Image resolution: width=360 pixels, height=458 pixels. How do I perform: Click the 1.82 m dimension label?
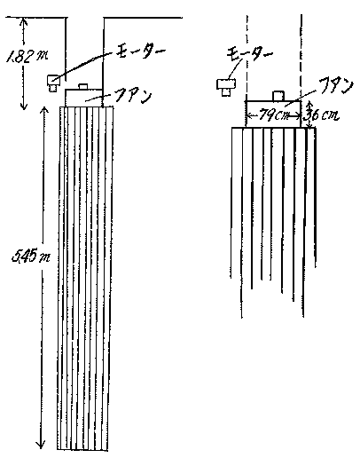pyautogui.click(x=27, y=56)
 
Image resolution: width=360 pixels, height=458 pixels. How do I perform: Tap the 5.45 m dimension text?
pyautogui.click(x=30, y=257)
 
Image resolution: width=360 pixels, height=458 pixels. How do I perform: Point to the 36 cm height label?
pyautogui.click(x=324, y=114)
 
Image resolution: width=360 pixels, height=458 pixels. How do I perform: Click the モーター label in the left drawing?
pyautogui.click(x=139, y=51)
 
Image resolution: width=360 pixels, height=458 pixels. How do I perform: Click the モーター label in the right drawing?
pyautogui.click(x=249, y=54)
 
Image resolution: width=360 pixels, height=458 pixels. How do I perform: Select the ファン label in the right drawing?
pyautogui.click(x=334, y=87)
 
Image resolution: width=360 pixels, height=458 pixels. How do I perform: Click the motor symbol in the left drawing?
pyautogui.click(x=53, y=83)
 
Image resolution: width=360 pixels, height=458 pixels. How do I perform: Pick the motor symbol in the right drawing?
pyautogui.click(x=226, y=87)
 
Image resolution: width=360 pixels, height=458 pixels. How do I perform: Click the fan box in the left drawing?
pyautogui.click(x=83, y=98)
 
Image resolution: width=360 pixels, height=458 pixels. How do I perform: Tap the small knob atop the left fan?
pyautogui.click(x=83, y=86)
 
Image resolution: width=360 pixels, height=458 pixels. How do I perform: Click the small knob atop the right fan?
pyautogui.click(x=278, y=96)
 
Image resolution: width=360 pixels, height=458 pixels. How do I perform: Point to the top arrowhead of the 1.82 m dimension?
pyautogui.click(x=24, y=21)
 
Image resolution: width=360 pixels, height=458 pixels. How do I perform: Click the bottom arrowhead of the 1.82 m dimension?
pyautogui.click(x=24, y=106)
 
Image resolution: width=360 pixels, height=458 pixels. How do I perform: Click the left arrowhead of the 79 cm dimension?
pyautogui.click(x=250, y=116)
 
